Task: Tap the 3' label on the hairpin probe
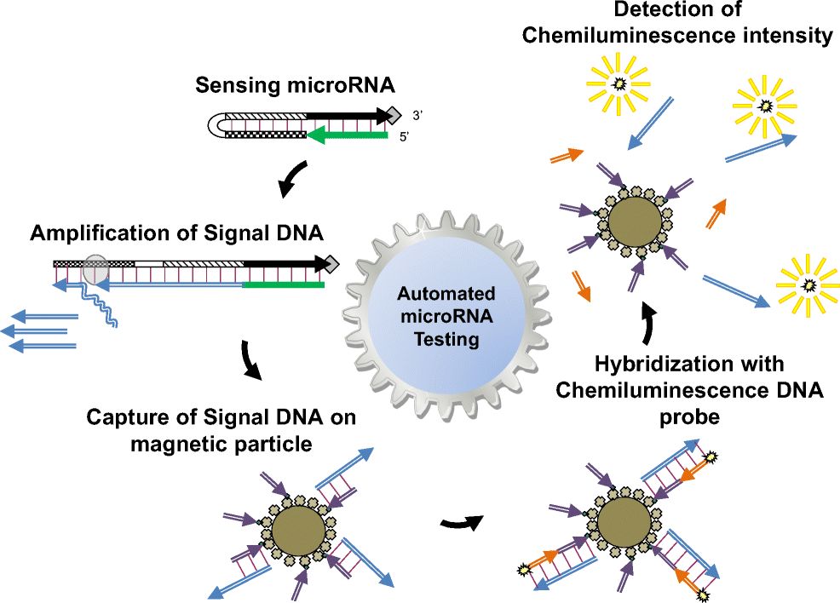(x=412, y=114)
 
